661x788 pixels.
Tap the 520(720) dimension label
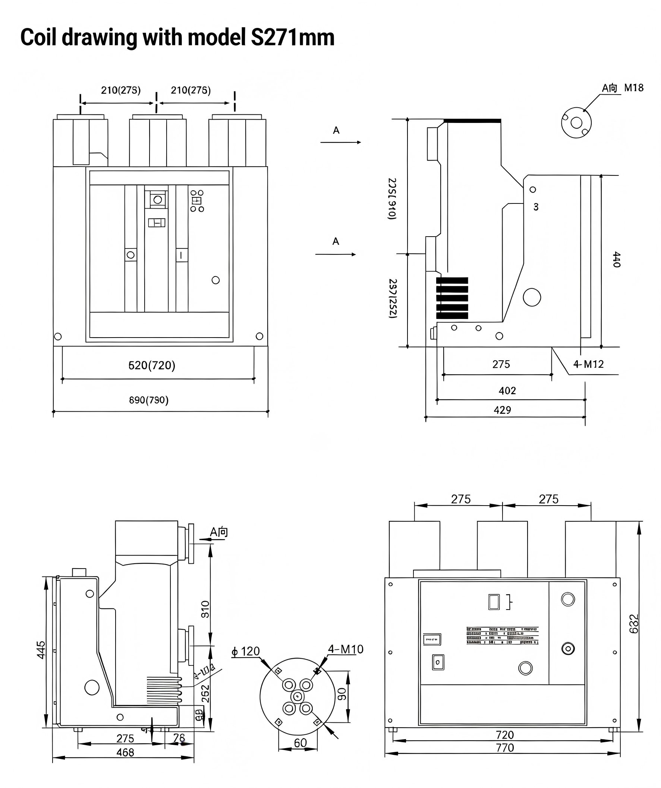point(152,365)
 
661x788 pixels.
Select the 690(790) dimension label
point(149,400)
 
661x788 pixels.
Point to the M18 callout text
point(633,88)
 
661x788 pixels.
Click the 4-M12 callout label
point(588,364)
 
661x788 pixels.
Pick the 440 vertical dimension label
point(616,259)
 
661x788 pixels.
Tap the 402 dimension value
point(507,390)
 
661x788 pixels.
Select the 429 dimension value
point(502,410)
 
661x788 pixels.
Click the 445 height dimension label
point(41,649)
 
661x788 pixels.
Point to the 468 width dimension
point(125,752)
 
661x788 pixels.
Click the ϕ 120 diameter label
point(246,651)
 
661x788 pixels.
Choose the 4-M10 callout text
point(346,649)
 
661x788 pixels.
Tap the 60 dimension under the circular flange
point(300,743)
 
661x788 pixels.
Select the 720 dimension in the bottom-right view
point(504,735)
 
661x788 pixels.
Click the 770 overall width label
point(504,748)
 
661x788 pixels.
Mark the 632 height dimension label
point(633,623)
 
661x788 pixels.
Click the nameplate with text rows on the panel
point(502,636)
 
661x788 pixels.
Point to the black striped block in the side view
point(452,298)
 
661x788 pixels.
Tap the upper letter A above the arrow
point(336,130)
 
